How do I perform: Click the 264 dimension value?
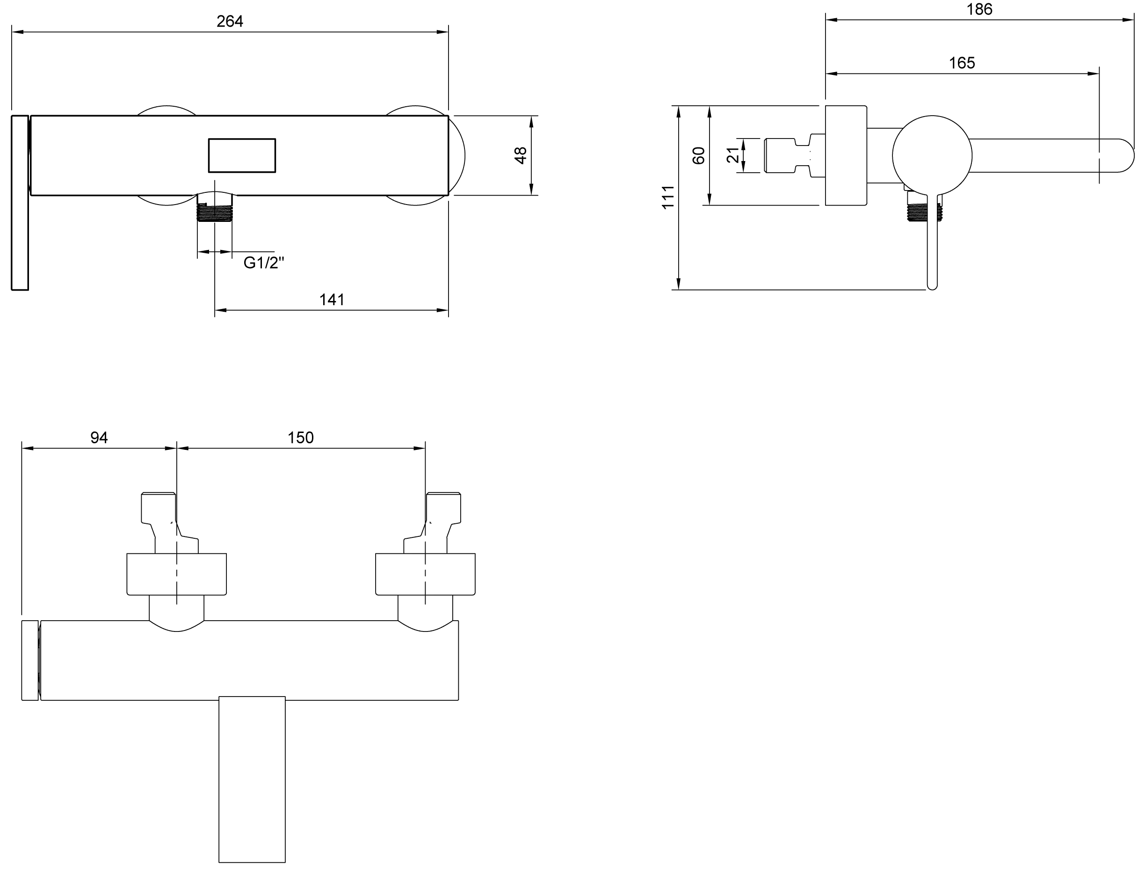230,22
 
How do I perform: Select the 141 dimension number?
332,300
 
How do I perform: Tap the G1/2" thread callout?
264,263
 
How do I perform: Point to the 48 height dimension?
520,155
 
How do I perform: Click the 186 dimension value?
979,9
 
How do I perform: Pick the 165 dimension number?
962,63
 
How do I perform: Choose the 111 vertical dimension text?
668,198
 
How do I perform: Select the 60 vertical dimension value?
699,155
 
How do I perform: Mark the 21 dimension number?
732,155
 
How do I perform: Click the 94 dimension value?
99,438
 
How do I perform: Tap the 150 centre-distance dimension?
301,438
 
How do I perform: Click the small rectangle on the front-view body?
242,155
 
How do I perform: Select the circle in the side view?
932,155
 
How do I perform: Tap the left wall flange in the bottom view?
176,574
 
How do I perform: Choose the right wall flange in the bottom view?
425,574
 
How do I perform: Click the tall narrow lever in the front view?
20,203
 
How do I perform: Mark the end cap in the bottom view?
30,660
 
